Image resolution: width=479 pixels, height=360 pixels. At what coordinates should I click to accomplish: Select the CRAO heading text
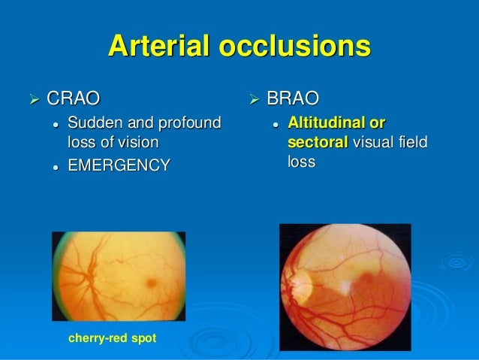click(74, 98)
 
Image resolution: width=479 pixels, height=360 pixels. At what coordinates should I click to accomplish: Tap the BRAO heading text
click(293, 98)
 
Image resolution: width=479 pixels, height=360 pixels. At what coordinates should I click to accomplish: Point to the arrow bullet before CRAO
click(33, 98)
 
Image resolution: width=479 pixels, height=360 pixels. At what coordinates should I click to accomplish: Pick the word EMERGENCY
click(119, 165)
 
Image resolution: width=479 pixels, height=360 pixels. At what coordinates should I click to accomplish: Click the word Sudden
click(93, 123)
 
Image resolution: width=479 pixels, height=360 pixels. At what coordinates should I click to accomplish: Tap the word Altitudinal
click(329, 123)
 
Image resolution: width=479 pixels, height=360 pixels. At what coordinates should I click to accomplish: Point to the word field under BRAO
click(411, 142)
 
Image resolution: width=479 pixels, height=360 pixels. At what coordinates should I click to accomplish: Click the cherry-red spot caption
click(113, 339)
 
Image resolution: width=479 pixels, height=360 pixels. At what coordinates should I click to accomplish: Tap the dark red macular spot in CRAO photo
click(153, 283)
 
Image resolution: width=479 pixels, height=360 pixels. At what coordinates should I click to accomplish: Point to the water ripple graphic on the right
click(456, 262)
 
